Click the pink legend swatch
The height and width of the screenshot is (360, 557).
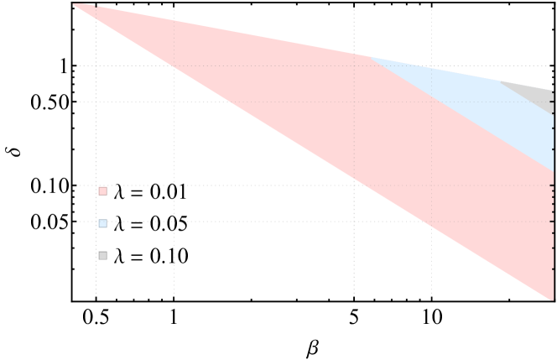pos(102,191)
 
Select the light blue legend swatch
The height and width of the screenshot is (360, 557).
pos(102,224)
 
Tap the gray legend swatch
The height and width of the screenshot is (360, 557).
pos(102,255)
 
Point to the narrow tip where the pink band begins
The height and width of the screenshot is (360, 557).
pos(75,5)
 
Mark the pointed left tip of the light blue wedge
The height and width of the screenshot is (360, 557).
pos(369,57)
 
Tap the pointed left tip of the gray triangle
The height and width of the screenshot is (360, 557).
pos(501,81)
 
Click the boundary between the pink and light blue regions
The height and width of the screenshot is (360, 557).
pos(461,114)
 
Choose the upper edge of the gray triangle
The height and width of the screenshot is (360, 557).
pos(528,86)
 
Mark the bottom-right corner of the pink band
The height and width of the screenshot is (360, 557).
pos(554,299)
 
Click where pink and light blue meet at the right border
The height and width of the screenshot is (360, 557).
pos(554,172)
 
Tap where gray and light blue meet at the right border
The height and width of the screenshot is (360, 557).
pos(554,113)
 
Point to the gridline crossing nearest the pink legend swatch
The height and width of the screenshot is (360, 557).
pos(96,185)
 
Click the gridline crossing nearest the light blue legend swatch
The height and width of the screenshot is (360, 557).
pos(96,222)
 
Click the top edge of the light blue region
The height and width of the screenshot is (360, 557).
pos(436,70)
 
